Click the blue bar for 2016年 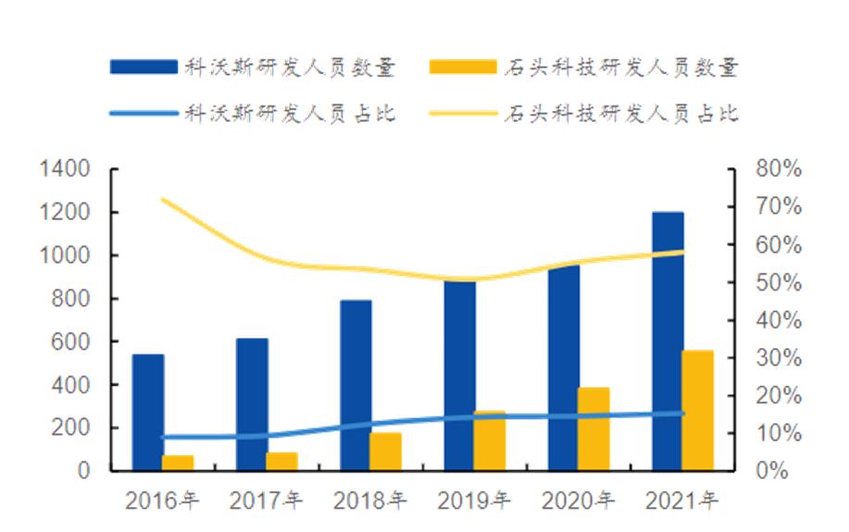pyautogui.click(x=148, y=412)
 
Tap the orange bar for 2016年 pyautogui.click(x=178, y=463)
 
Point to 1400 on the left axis pyautogui.click(x=65, y=169)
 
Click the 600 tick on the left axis pyautogui.click(x=71, y=341)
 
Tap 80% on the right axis pyautogui.click(x=779, y=169)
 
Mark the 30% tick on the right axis pyautogui.click(x=779, y=358)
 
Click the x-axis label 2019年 pyautogui.click(x=473, y=502)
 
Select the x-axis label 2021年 pyautogui.click(x=681, y=502)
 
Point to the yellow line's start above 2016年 pyautogui.click(x=163, y=200)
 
